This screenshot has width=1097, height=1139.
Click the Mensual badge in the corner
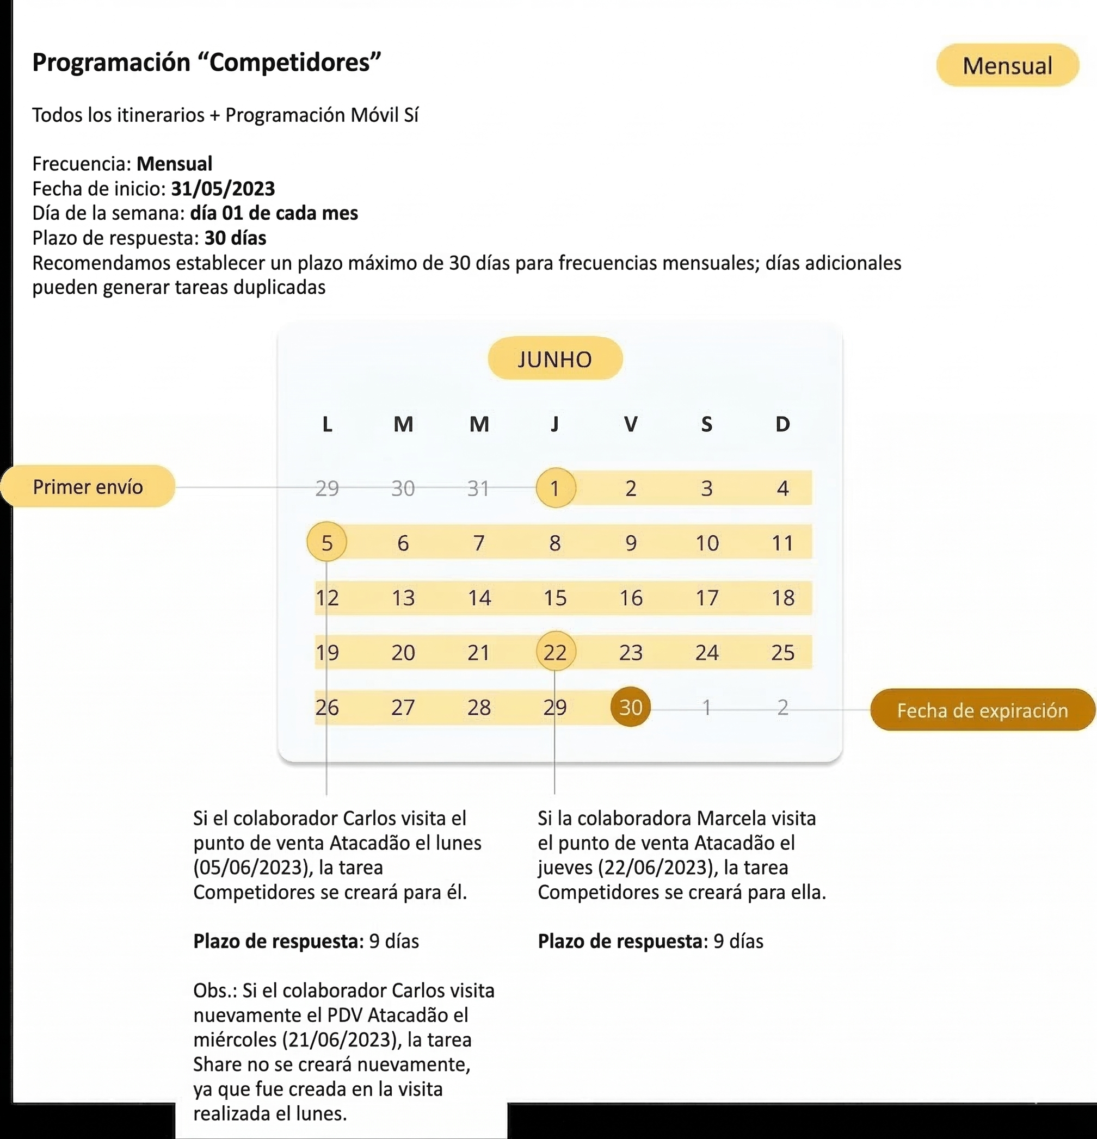[x=1007, y=66]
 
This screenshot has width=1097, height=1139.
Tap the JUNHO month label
[x=554, y=359]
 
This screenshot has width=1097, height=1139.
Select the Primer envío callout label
[x=88, y=486]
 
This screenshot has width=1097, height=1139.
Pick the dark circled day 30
[x=630, y=707]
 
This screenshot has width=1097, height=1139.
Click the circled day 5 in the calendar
[x=326, y=543]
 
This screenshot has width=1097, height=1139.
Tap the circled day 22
[x=555, y=653]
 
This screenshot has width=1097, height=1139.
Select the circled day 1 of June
[x=555, y=488]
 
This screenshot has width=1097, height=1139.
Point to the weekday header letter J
[x=554, y=424]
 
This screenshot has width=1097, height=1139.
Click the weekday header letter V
[x=630, y=424]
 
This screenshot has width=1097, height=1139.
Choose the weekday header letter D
[x=782, y=424]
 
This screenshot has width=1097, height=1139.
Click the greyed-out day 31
[x=478, y=488]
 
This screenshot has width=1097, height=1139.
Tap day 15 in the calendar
[x=555, y=598]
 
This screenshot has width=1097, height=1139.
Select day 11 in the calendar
[x=782, y=543]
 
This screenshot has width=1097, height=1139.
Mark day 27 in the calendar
[x=403, y=707]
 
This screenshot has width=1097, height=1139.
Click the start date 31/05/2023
[x=223, y=189]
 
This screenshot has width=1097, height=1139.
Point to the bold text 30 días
[x=236, y=238]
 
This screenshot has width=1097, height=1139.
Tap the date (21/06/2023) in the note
[x=342, y=1039]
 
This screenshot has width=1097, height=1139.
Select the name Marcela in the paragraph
[x=731, y=818]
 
